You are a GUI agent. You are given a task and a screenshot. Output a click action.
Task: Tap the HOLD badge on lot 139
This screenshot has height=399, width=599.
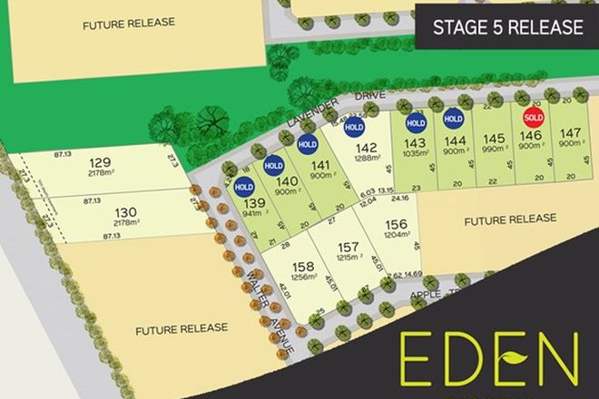243,189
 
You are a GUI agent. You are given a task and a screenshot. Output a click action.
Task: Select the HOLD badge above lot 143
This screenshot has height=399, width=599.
416,122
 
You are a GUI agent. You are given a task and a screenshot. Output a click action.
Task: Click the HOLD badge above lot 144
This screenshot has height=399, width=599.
453,118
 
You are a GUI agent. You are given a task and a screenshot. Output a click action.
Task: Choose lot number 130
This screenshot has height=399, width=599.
126,211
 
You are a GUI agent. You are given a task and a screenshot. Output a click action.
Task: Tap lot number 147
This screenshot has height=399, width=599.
570,132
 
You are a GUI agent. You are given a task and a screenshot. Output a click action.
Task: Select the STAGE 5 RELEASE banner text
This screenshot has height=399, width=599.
506,27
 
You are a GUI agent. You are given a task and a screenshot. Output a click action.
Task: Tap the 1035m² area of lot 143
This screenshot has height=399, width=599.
415,153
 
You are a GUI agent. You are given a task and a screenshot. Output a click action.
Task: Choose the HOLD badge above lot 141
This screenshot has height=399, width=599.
307,143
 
